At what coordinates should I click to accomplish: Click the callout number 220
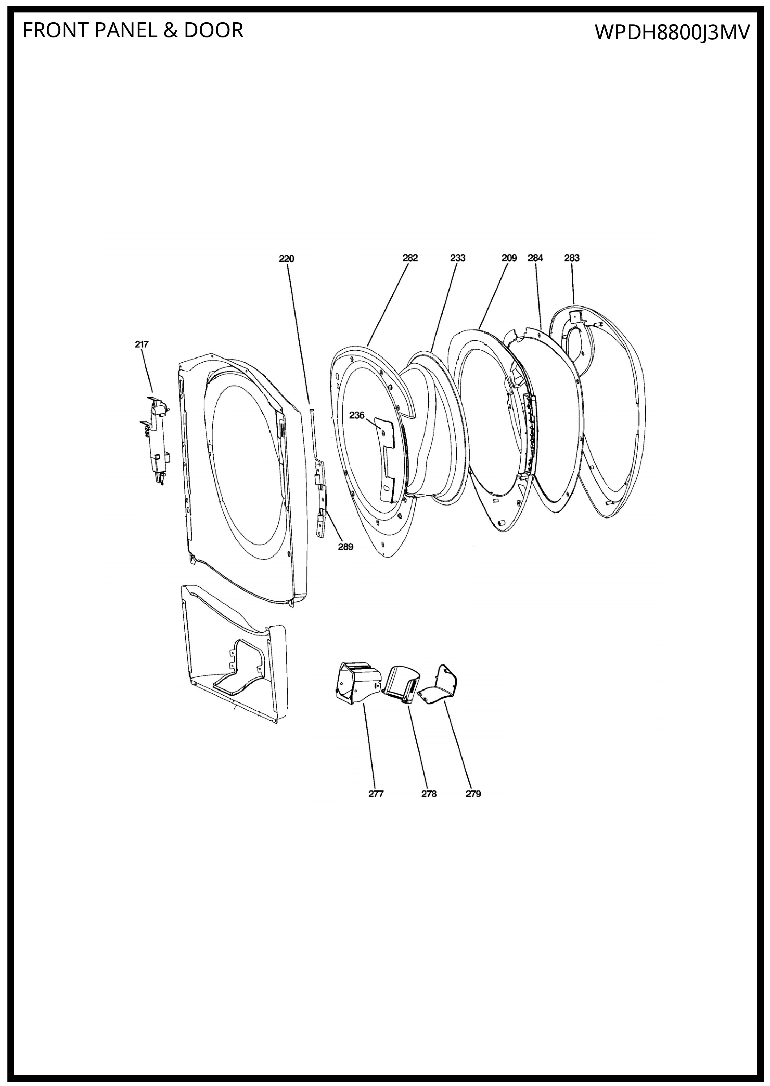286,259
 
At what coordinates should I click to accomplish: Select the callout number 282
410,258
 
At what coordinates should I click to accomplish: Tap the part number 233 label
458,258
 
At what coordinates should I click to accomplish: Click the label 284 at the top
535,258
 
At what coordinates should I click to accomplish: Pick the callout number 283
572,258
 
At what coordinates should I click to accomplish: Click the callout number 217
141,344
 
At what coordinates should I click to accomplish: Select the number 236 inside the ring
357,415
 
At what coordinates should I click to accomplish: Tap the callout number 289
346,547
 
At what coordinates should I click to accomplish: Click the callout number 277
376,794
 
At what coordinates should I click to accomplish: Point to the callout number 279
473,794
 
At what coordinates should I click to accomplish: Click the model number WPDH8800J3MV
672,33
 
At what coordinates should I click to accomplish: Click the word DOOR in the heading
213,30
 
